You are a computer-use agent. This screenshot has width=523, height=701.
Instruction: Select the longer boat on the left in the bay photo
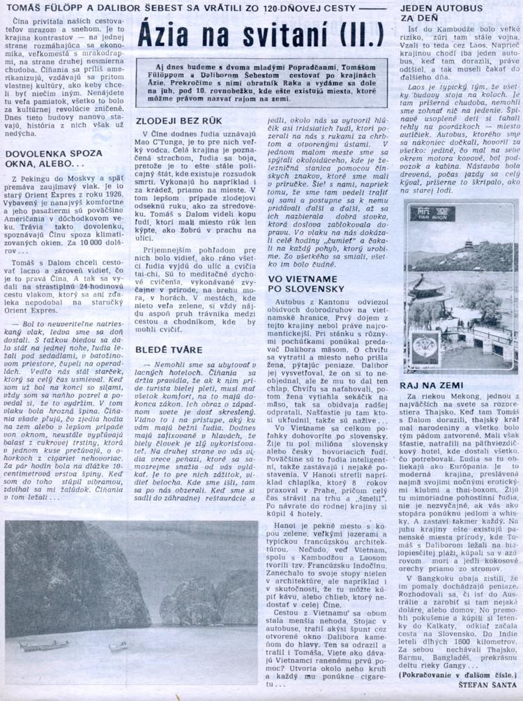(x=43, y=646)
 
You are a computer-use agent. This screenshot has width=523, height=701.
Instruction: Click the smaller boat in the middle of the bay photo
(x=119, y=646)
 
